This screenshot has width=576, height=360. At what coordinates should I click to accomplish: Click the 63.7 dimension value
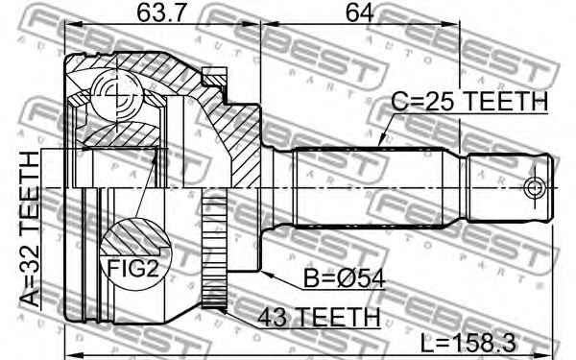click(x=141, y=16)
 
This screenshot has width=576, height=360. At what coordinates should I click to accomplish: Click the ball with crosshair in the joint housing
click(x=111, y=94)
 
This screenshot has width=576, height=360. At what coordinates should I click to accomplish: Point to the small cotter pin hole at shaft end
click(x=535, y=184)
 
